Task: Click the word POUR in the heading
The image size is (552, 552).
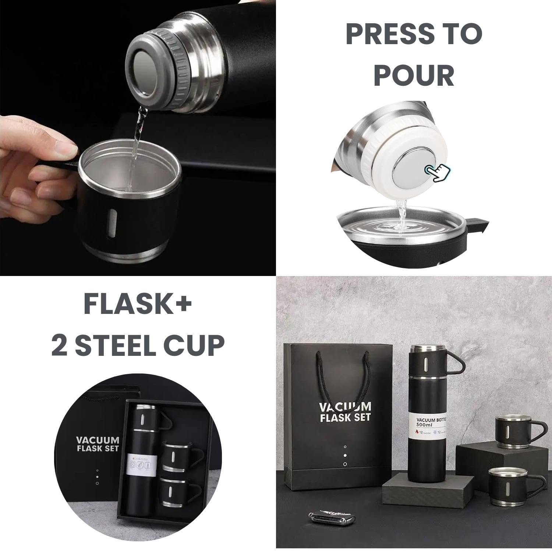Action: tap(414, 75)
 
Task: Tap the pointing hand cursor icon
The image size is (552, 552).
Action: tap(438, 172)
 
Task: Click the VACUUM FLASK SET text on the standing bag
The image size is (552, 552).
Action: tap(345, 412)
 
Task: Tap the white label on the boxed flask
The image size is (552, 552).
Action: tap(139, 464)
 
